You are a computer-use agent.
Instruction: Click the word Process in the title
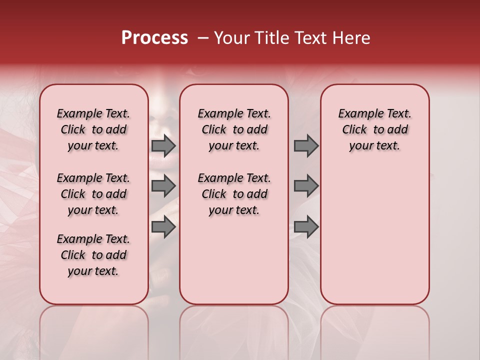tap(154, 38)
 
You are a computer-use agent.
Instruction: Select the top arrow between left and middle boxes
tap(163, 146)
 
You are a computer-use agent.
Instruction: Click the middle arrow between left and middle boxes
tap(163, 186)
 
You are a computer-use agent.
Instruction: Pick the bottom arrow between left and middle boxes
tap(163, 227)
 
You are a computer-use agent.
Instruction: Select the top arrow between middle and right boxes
tap(306, 146)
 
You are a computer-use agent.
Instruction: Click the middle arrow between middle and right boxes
tap(306, 186)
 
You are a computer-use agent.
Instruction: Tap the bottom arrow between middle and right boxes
tap(306, 227)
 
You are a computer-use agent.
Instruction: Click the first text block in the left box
tap(93, 129)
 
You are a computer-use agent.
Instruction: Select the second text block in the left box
tap(93, 194)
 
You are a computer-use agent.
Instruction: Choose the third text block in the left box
tap(93, 255)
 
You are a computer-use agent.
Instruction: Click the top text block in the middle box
tap(234, 129)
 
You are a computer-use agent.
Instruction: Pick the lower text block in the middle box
tap(234, 194)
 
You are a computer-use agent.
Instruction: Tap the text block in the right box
tap(375, 129)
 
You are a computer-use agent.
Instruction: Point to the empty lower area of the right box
tap(375, 235)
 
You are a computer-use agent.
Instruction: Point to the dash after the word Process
tap(203, 38)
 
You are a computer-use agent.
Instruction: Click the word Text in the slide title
tap(309, 38)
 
